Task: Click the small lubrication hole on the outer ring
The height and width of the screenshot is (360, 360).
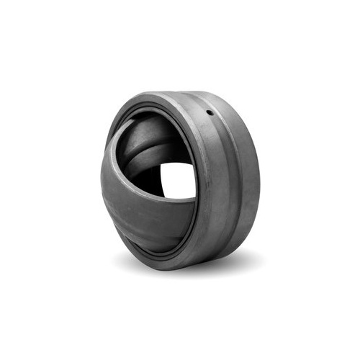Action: (210, 112)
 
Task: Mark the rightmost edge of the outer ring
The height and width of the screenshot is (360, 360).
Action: (258, 180)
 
